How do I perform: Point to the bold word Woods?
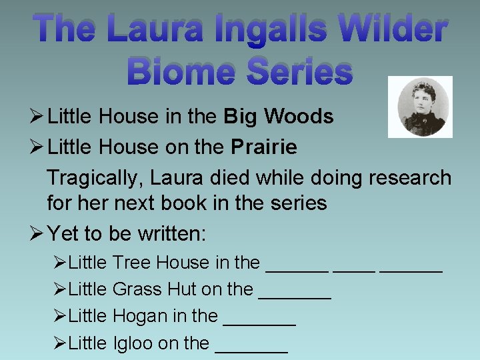coord(299,117)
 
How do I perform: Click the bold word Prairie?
coord(264,147)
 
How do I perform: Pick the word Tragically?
coord(95,178)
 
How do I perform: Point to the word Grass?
coord(137,289)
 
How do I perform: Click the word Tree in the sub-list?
coord(132,263)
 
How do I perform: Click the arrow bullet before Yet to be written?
coord(37,234)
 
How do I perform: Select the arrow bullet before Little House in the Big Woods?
coord(37,117)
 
